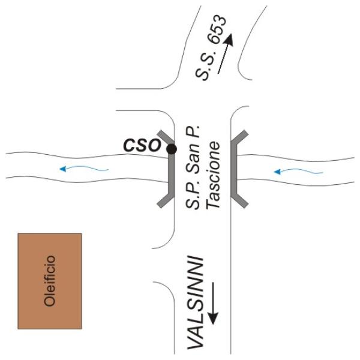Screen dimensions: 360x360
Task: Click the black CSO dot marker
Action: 172,149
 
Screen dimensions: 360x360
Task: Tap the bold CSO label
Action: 142,145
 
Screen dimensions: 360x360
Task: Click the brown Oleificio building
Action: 50,281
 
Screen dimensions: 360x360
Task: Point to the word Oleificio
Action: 50,281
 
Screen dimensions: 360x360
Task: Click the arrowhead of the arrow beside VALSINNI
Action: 213,318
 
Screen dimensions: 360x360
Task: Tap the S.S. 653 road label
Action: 211,48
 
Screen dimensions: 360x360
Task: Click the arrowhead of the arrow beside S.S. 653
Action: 229,40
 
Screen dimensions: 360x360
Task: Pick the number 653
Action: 218,29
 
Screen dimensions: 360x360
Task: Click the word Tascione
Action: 213,175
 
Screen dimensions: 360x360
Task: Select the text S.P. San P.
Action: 193,167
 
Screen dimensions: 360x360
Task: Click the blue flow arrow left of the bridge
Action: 84,169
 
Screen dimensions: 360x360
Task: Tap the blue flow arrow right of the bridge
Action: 298,171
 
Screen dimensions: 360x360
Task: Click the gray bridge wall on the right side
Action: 234,169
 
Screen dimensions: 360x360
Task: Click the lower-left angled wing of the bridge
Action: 165,200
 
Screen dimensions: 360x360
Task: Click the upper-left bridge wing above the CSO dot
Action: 166,137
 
